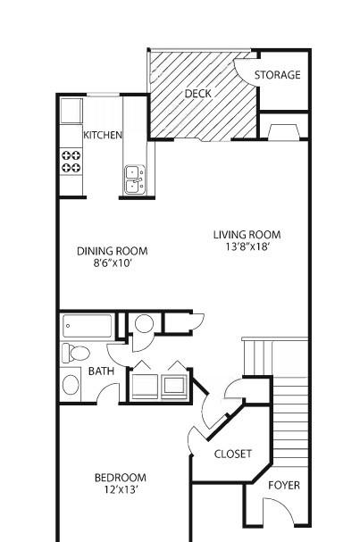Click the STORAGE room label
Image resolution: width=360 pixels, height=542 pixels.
tap(277, 75)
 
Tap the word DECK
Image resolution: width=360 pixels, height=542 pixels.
tap(197, 94)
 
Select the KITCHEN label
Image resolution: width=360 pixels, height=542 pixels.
tap(103, 135)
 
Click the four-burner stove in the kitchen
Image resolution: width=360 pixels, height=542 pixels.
tap(71, 162)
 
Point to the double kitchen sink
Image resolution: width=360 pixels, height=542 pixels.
tap(135, 179)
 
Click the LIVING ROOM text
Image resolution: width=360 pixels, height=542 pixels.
tap(247, 235)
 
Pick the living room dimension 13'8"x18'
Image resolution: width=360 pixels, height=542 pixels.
tap(247, 246)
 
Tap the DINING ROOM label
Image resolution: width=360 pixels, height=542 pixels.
tap(112, 251)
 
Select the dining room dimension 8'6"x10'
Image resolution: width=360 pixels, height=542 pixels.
tap(113, 263)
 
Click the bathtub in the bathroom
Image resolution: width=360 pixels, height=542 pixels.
tap(88, 326)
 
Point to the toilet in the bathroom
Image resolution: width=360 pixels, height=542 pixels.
tap(76, 353)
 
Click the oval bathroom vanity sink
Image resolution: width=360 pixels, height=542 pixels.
tap(71, 384)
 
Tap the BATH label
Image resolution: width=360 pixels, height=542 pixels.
tap(101, 371)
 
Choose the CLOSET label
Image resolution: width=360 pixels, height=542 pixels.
tap(233, 454)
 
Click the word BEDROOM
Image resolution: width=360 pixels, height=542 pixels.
tap(121, 478)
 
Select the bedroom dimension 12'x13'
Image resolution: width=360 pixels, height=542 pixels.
tap(121, 490)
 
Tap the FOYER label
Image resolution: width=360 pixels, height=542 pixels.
tap(284, 486)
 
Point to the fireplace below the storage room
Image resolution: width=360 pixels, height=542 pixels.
tap(283, 132)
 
